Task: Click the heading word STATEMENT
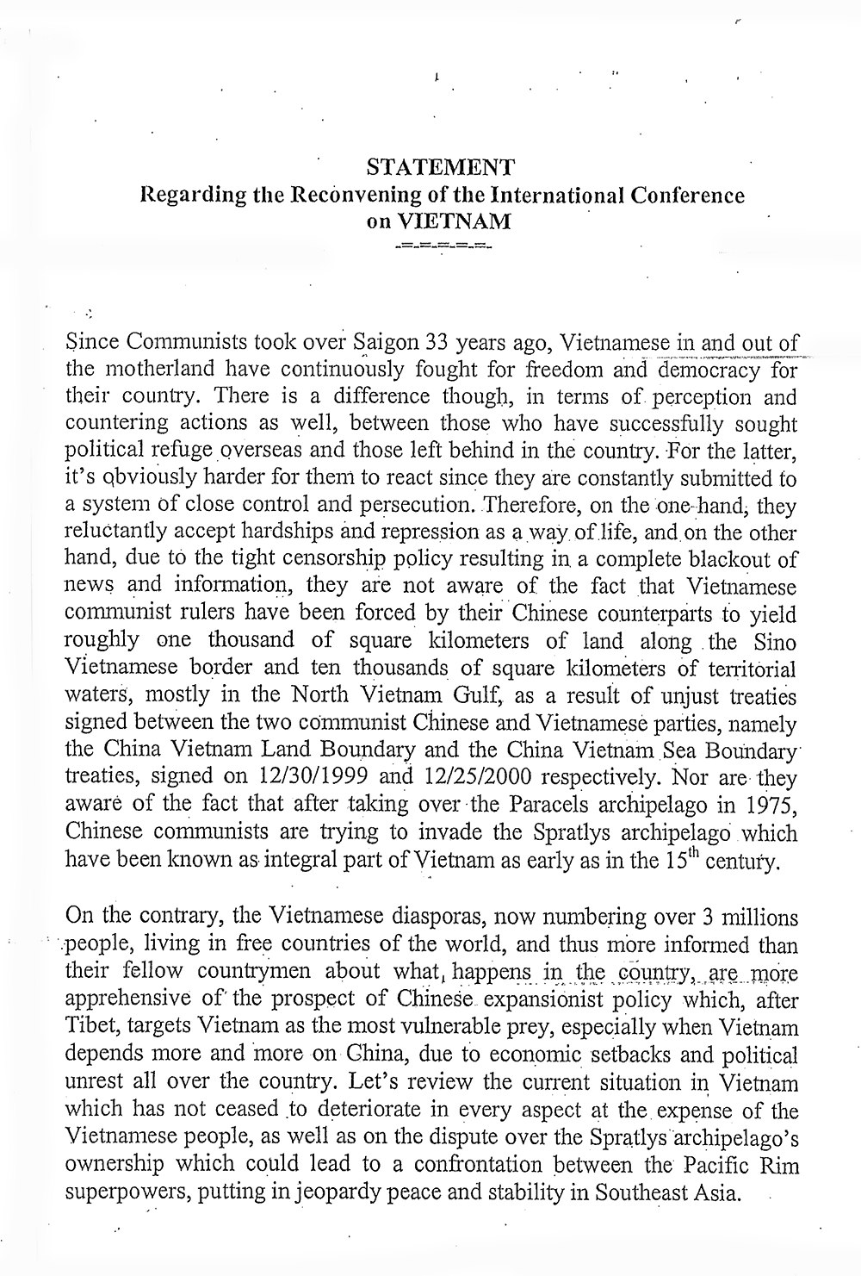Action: pyautogui.click(x=441, y=166)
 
